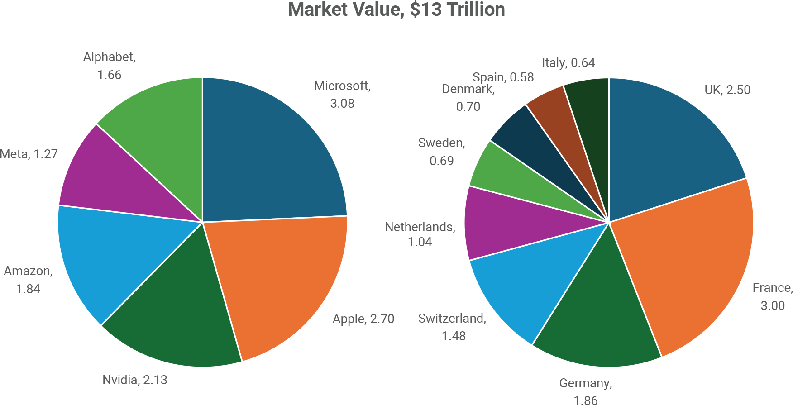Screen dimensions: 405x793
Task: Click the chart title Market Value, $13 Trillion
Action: pyautogui.click(x=396, y=10)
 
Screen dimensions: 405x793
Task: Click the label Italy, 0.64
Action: pyautogui.click(x=568, y=62)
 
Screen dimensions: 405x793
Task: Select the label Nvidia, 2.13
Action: pyautogui.click(x=134, y=380)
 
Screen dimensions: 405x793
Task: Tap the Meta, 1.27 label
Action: pyautogui.click(x=29, y=154)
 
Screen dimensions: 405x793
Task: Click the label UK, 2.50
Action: pyautogui.click(x=727, y=90)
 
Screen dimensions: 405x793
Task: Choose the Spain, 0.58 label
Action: pyautogui.click(x=503, y=77)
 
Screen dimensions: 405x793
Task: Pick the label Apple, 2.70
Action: pyautogui.click(x=363, y=319)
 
